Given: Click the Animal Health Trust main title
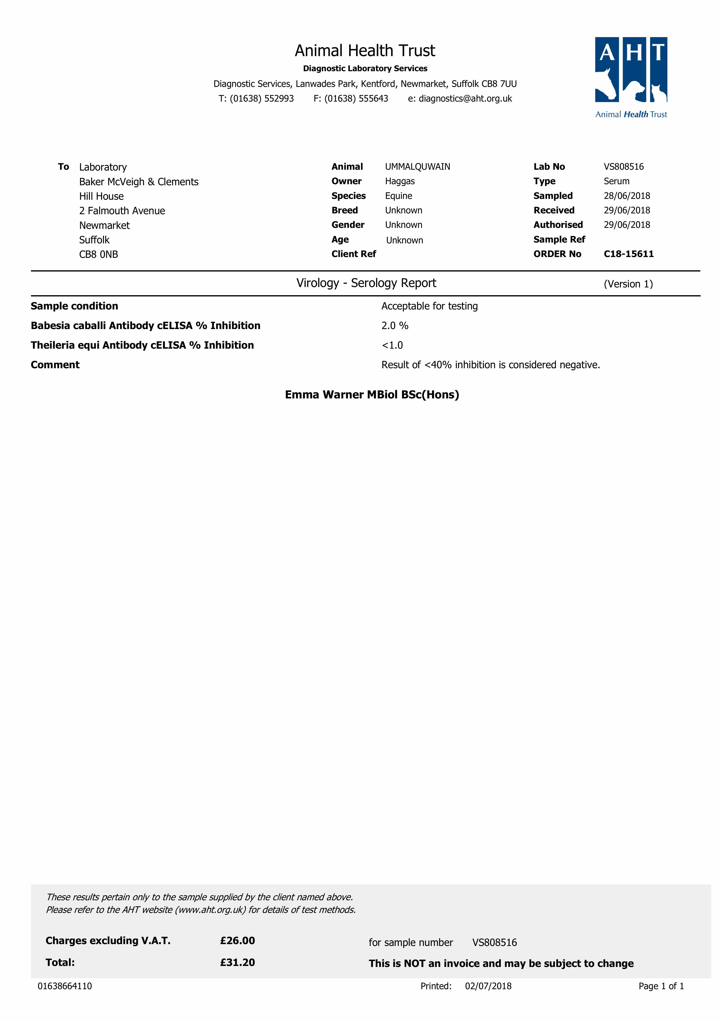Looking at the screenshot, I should [365, 51].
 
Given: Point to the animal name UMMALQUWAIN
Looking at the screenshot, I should [417, 167].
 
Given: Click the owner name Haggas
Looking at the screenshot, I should [400, 181].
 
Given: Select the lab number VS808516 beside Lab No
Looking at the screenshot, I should [623, 167].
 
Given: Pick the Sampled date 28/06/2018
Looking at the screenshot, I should [626, 196].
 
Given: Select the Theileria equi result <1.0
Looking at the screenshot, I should [392, 345].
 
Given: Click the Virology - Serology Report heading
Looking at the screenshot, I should [366, 283].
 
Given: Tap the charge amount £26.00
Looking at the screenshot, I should [237, 940].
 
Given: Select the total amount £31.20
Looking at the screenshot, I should [237, 962].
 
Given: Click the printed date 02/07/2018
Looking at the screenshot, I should [488, 986].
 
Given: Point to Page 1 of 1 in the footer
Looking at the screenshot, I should [661, 986].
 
